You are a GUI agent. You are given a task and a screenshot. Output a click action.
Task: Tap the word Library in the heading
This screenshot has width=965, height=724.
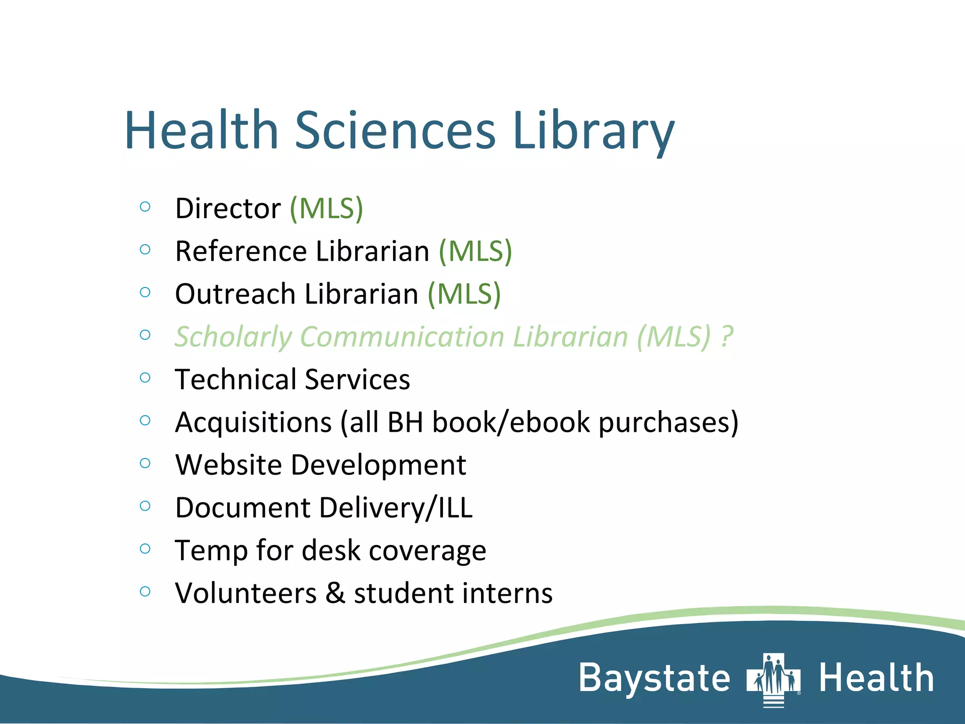[593, 131]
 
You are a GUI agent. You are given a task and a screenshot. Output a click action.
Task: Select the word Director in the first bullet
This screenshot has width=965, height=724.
[228, 208]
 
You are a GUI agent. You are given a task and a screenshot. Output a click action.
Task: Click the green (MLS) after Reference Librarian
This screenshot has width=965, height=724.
[475, 251]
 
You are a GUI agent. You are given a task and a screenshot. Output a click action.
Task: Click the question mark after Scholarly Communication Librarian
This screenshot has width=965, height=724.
[727, 337]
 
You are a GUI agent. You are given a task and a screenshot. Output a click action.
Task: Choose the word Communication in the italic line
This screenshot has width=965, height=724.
[402, 337]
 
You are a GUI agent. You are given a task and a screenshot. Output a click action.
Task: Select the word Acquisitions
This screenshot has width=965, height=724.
[254, 422]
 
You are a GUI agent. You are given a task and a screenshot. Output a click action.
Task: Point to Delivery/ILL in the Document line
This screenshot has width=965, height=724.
[396, 508]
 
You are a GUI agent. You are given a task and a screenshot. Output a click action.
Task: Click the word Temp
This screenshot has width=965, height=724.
[211, 551]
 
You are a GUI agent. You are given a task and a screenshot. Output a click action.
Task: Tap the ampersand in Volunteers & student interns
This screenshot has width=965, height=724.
[335, 593]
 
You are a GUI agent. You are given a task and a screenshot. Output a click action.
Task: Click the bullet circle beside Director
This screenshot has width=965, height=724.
[145, 206]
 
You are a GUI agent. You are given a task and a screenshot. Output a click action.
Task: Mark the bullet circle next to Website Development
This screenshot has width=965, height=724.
[145, 463]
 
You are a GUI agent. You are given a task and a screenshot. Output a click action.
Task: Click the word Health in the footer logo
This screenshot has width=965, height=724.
[876, 678]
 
